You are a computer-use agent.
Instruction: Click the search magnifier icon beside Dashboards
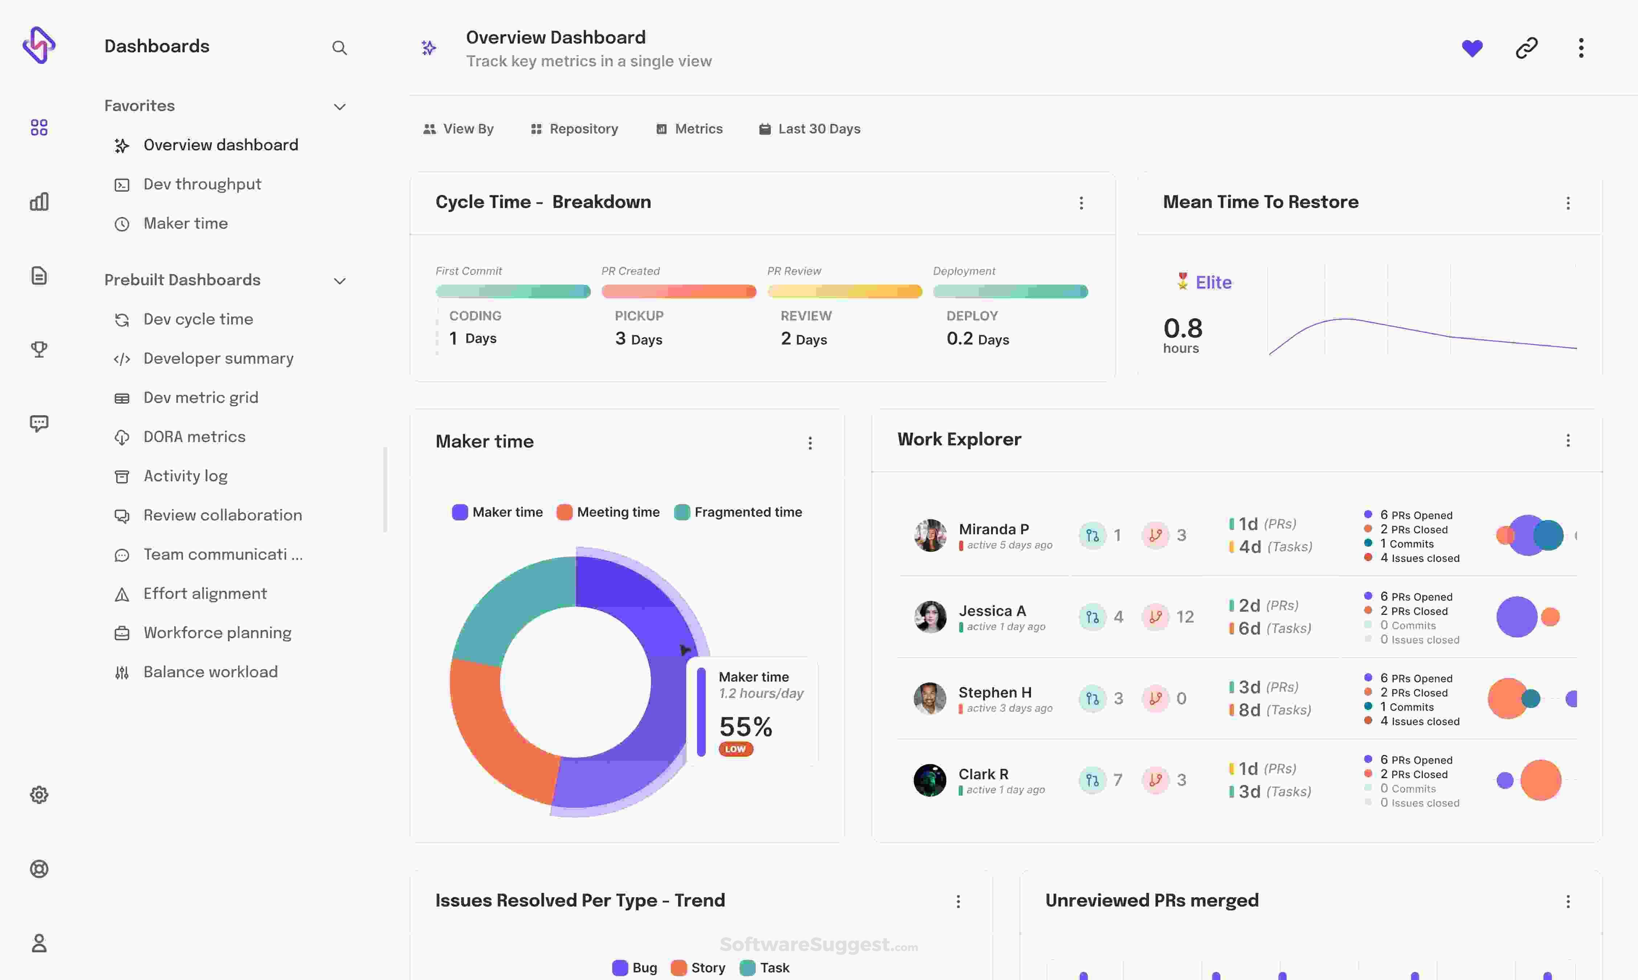(x=339, y=48)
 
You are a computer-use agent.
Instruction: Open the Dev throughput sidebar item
(x=202, y=184)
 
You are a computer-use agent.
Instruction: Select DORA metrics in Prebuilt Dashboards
(x=194, y=437)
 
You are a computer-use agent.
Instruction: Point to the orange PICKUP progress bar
(x=678, y=291)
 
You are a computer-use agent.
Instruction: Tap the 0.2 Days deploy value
(x=978, y=339)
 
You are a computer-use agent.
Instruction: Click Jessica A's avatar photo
(x=930, y=617)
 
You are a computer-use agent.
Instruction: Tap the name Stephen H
(x=995, y=692)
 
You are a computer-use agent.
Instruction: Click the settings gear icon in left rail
(x=39, y=795)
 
